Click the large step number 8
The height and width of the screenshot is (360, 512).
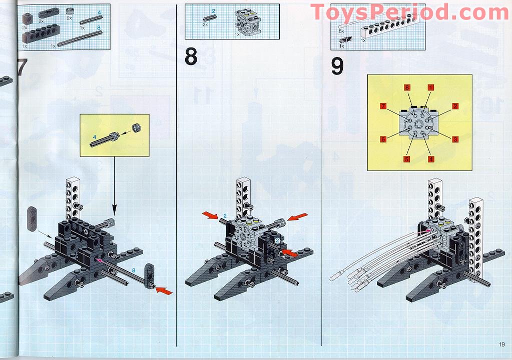[191, 56]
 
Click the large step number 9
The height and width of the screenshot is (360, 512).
[337, 66]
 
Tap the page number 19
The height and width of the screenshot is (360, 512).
[501, 343]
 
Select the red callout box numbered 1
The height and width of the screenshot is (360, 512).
[430, 87]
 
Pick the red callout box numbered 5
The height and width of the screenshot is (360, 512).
[407, 159]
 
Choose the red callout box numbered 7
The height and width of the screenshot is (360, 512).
[383, 106]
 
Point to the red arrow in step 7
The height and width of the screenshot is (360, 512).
[164, 290]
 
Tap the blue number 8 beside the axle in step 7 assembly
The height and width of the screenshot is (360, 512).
[134, 270]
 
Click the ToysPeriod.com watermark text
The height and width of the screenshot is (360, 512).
[409, 12]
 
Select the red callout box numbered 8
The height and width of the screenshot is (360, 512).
[407, 87]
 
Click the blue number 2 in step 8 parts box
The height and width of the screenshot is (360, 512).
[213, 10]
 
